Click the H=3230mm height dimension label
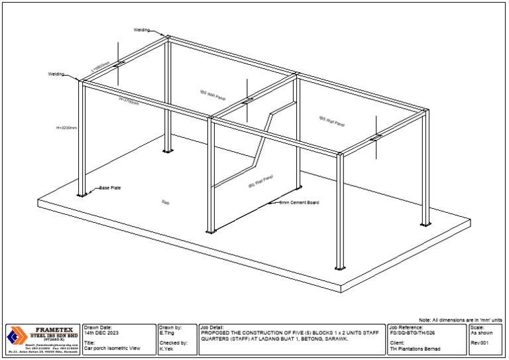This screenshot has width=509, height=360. point(68,127)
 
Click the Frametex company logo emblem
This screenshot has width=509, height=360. point(13,336)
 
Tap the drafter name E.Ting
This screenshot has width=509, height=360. point(167,332)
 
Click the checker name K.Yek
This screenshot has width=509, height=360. point(166,348)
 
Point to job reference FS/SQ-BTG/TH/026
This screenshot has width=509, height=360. point(412,332)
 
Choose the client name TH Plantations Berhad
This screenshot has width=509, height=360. point(415,348)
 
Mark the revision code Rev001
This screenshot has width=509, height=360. point(480,343)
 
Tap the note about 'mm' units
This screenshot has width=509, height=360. point(465,320)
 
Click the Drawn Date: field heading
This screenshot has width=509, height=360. point(99,327)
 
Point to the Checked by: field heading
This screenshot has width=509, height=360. point(174,343)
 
